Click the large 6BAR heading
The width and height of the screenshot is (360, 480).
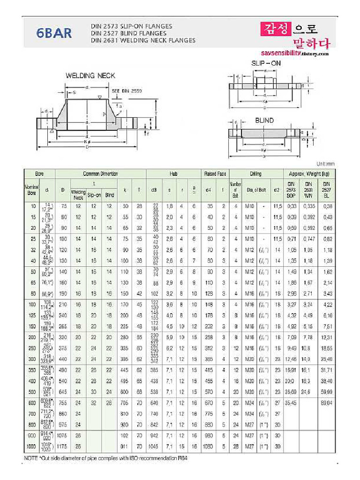click(54, 34)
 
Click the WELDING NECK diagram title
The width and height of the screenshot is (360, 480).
click(90, 75)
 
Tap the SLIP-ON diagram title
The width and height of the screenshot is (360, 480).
click(266, 62)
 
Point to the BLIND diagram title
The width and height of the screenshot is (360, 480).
click(264, 120)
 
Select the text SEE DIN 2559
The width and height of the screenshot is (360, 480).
click(127, 90)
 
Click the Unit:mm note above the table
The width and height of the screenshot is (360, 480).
click(325, 164)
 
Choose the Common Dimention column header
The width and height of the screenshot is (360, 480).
click(100, 174)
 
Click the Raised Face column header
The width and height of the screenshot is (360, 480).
click(215, 174)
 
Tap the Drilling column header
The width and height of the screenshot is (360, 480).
click(255, 174)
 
